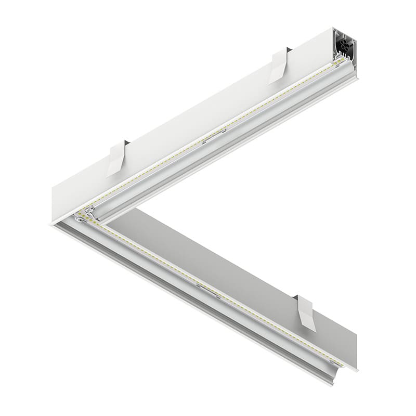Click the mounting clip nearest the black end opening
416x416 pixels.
click(x=279, y=66)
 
